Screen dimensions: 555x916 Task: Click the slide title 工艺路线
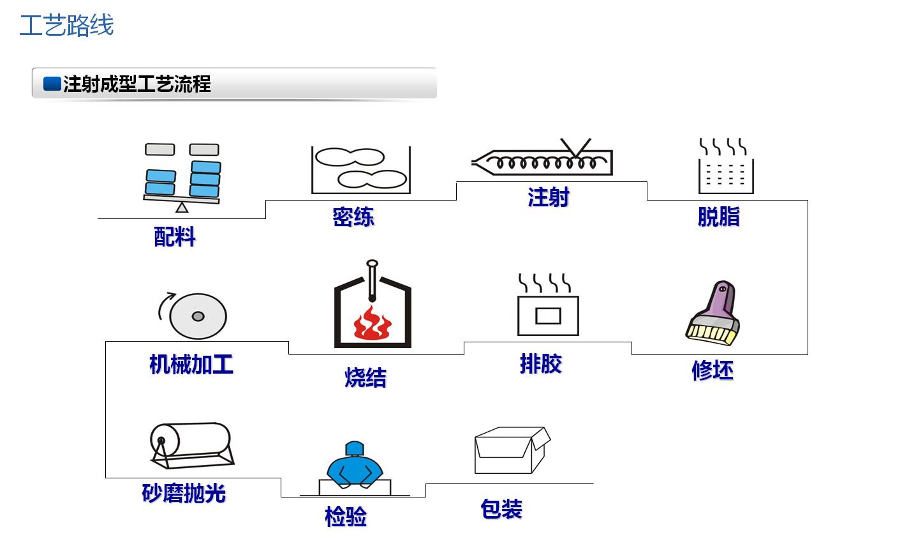(66, 26)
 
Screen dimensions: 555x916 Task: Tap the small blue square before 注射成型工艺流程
(52, 84)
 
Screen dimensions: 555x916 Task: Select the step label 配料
(175, 237)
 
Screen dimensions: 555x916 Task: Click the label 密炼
(353, 217)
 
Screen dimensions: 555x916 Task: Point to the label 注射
(548, 197)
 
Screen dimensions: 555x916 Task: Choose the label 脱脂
(718, 217)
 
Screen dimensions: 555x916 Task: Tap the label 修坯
(712, 370)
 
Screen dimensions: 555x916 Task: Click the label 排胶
(540, 364)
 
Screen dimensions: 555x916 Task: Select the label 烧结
(366, 377)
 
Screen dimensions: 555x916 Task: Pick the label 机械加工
(191, 364)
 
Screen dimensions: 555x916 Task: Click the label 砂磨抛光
(184, 493)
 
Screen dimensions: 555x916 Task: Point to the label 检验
(346, 516)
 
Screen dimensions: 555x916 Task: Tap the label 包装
(501, 509)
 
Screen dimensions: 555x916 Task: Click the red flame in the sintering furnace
(372, 324)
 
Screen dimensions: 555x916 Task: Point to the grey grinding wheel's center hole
(198, 316)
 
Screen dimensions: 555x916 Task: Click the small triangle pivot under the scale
(182, 207)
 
